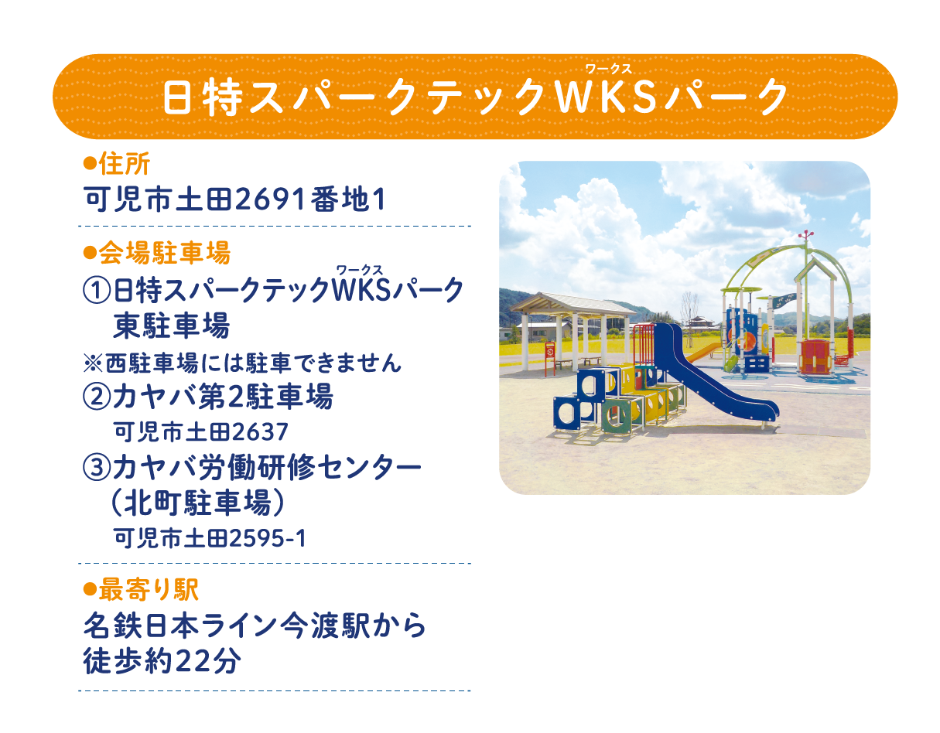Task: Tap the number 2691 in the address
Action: point(272,200)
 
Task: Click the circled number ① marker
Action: point(97,291)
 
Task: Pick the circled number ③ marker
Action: point(97,467)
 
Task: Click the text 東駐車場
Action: point(171,326)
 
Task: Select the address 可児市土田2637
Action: point(200,431)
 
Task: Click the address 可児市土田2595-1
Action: point(210,538)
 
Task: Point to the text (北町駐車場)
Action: point(198,503)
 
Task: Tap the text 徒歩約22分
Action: point(162,661)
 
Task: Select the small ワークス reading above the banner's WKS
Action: point(609,69)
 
